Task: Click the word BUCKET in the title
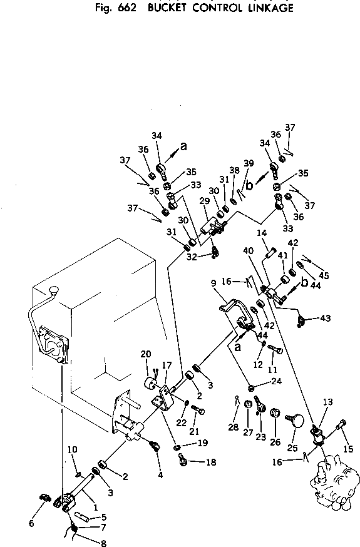pyautogui.click(x=167, y=8)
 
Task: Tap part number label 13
pyautogui.click(x=328, y=402)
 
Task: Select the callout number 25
pyautogui.click(x=292, y=448)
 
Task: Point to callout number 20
pyautogui.click(x=146, y=354)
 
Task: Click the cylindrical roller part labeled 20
pyautogui.click(x=150, y=384)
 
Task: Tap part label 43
pyautogui.click(x=325, y=318)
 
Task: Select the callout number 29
pyautogui.click(x=205, y=201)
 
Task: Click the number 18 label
pyautogui.click(x=211, y=463)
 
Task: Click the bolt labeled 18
pyautogui.click(x=183, y=460)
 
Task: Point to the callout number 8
pyautogui.click(x=103, y=543)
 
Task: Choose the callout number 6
pyautogui.click(x=31, y=523)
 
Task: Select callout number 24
pyautogui.click(x=276, y=381)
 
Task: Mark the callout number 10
pyautogui.click(x=72, y=449)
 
